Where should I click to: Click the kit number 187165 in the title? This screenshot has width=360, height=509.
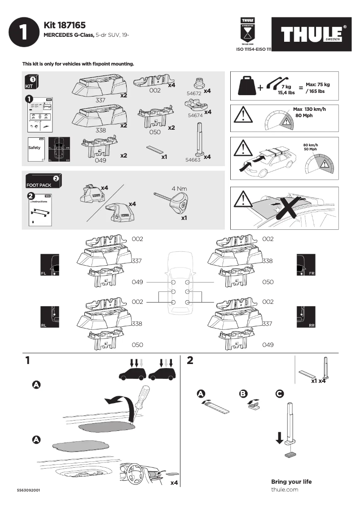tap(72, 26)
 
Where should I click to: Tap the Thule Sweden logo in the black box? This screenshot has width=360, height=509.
tap(313, 34)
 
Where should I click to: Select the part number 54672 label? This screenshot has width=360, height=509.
tap(194, 93)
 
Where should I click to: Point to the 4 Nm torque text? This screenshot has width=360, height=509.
tap(179, 189)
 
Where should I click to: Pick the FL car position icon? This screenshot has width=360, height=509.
tap(49, 264)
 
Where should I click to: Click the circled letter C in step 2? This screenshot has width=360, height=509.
tap(279, 394)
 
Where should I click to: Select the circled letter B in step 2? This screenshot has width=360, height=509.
tap(243, 394)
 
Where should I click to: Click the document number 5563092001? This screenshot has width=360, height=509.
tap(29, 490)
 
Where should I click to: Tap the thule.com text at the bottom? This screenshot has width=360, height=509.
tap(285, 490)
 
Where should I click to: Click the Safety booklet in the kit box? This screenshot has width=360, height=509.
tap(36, 149)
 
